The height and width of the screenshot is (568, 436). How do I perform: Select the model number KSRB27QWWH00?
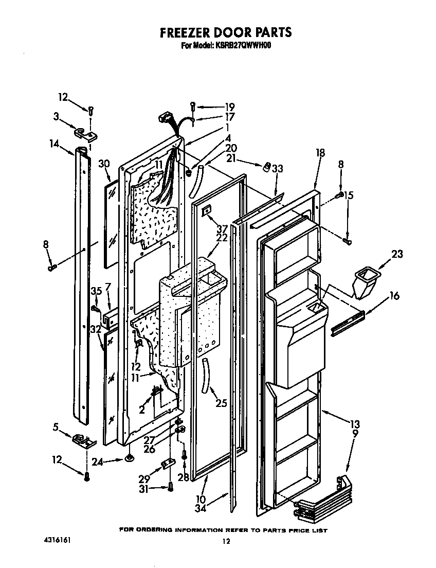coord(243,45)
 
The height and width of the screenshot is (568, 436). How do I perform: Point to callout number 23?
coord(396,254)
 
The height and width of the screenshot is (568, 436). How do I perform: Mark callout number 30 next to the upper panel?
coord(104,164)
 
